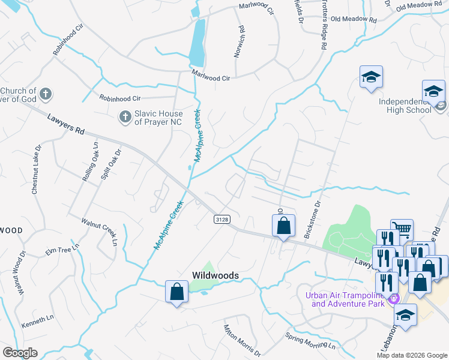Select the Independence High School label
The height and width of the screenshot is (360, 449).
pos(405,105)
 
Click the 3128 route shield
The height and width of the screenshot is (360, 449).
pos(221,220)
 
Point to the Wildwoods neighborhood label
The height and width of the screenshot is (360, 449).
pos(215,275)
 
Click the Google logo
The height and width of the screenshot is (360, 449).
pos(20,353)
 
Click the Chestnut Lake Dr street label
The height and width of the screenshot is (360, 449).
pos(35,169)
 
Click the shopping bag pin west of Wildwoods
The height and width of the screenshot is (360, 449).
pos(176,292)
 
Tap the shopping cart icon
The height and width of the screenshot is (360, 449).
pos(402,229)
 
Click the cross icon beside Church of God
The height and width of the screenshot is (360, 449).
pos(46,94)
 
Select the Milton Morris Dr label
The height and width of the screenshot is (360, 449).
pos(242,339)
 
